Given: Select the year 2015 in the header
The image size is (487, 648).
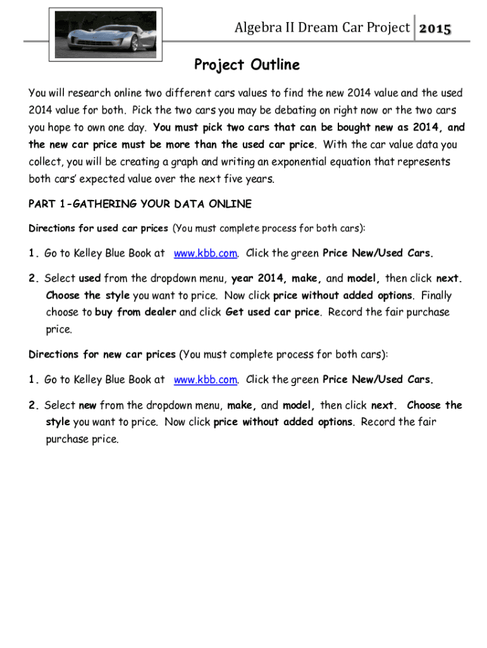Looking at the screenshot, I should coord(435,28).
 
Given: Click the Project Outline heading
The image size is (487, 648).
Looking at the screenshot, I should coord(247,65).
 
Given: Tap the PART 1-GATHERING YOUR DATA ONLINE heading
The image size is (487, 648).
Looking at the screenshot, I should coord(140,204).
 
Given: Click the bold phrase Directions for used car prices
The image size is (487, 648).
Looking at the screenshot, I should coord(98,228).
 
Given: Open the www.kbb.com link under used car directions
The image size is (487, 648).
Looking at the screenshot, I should coord(206,254).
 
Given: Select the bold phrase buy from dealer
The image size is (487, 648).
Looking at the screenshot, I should coord(135,313).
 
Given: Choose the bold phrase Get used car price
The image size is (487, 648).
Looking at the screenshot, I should coord(273,313).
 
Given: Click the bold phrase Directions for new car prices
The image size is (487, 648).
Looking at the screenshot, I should coord(102,354).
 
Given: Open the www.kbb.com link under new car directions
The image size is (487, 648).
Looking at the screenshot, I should coord(206,380).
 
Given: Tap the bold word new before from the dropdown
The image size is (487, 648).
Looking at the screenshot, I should coord(87,405).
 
